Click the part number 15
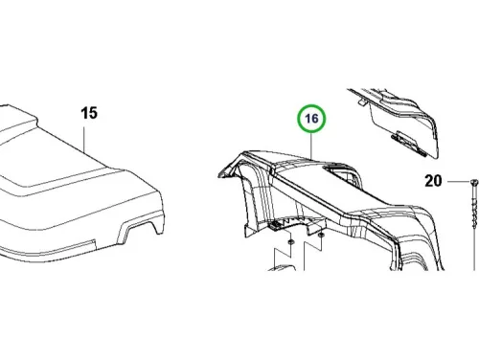click(x=89, y=113)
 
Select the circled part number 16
click(x=311, y=119)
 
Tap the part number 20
click(x=433, y=181)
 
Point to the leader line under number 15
click(x=84, y=140)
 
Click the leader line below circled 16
click(x=311, y=146)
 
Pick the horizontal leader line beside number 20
click(x=459, y=182)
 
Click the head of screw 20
click(x=474, y=182)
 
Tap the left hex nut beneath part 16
click(x=290, y=241)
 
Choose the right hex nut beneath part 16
click(x=321, y=236)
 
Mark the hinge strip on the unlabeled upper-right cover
click(x=409, y=144)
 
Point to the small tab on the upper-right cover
click(x=361, y=102)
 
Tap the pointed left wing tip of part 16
click(x=221, y=173)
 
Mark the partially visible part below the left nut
click(x=282, y=267)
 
